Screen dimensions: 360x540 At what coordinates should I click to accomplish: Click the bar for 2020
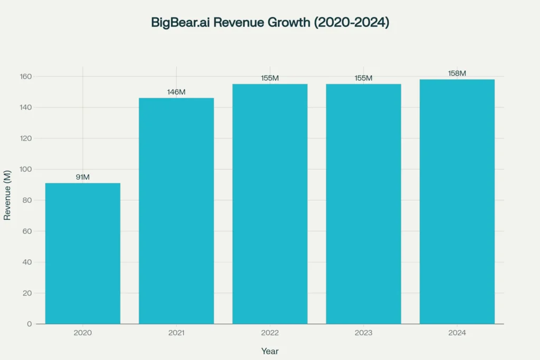pos(83,253)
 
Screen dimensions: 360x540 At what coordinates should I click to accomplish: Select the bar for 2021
pos(176,211)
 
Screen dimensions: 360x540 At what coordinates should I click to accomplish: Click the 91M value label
pos(83,177)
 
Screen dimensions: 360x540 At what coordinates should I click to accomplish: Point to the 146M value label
pos(176,92)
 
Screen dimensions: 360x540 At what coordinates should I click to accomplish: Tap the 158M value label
pos(457,73)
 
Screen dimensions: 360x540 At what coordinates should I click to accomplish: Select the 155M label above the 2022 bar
pos(270,78)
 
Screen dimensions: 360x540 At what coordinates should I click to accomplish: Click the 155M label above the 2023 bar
pos(363,78)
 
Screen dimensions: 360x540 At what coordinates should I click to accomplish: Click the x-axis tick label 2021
pos(176,333)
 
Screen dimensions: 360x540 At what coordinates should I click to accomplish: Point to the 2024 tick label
pos(457,333)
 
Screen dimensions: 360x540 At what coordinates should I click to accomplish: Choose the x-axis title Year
pos(270,351)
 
